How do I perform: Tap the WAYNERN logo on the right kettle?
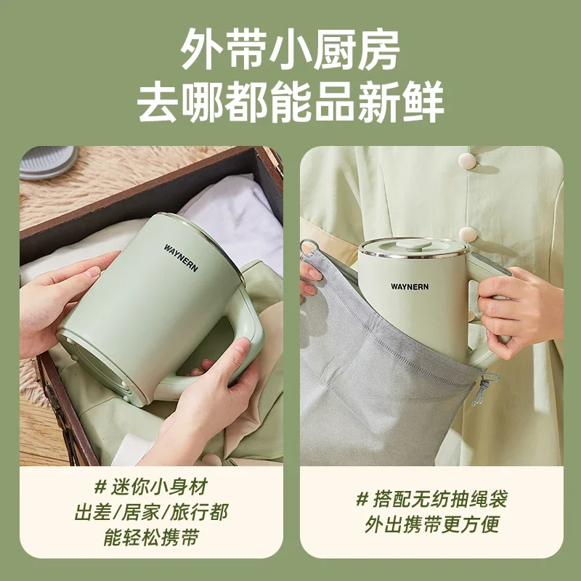(410, 286)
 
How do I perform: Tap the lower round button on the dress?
(468, 235)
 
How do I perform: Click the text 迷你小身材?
(163, 487)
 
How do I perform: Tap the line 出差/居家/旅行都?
(150, 513)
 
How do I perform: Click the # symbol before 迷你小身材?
(102, 487)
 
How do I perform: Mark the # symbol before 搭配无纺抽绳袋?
(362, 500)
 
